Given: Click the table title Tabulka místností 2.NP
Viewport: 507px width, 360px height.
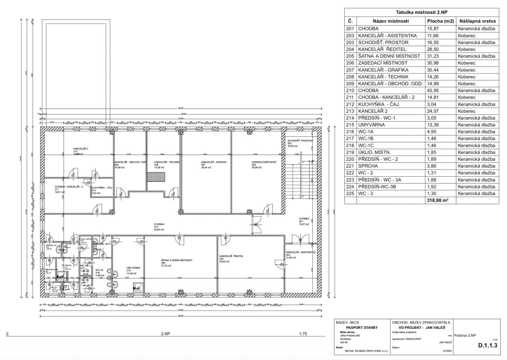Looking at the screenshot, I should pos(421,12).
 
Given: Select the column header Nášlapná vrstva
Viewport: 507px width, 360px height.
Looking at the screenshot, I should pos(477,21).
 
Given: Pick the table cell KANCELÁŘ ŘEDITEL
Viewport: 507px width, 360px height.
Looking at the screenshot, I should pos(382,49).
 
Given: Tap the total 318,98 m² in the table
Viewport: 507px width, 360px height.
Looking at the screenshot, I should pos(437,200).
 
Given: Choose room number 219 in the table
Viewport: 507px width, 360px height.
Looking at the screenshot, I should pos(350,152).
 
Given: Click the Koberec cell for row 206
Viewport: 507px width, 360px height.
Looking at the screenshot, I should pos(466,63).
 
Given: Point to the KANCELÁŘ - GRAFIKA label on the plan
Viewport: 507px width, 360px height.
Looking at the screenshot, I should pos(214,162).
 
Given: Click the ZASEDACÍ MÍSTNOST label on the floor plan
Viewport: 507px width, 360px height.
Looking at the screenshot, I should pos(264,162).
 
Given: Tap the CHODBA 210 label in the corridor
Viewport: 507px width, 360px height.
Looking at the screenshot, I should pos(159,224).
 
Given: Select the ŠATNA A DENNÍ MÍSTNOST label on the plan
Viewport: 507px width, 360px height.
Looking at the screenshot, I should pos(177,260).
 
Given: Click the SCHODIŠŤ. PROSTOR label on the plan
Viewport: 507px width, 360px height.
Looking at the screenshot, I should pos(300,141).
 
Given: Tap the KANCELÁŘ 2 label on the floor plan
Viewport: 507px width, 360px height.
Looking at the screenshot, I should pos(80,148).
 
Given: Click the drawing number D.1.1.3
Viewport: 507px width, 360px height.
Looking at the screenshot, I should pos(487,345).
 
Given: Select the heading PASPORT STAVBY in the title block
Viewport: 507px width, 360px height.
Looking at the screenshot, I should pos(362,328).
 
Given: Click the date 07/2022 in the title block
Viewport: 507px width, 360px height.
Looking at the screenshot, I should pos(447,351).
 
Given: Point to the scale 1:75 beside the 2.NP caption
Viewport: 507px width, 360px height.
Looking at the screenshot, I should pos(303,334).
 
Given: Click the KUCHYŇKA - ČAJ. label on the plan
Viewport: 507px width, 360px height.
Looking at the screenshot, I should pos(102,187).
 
